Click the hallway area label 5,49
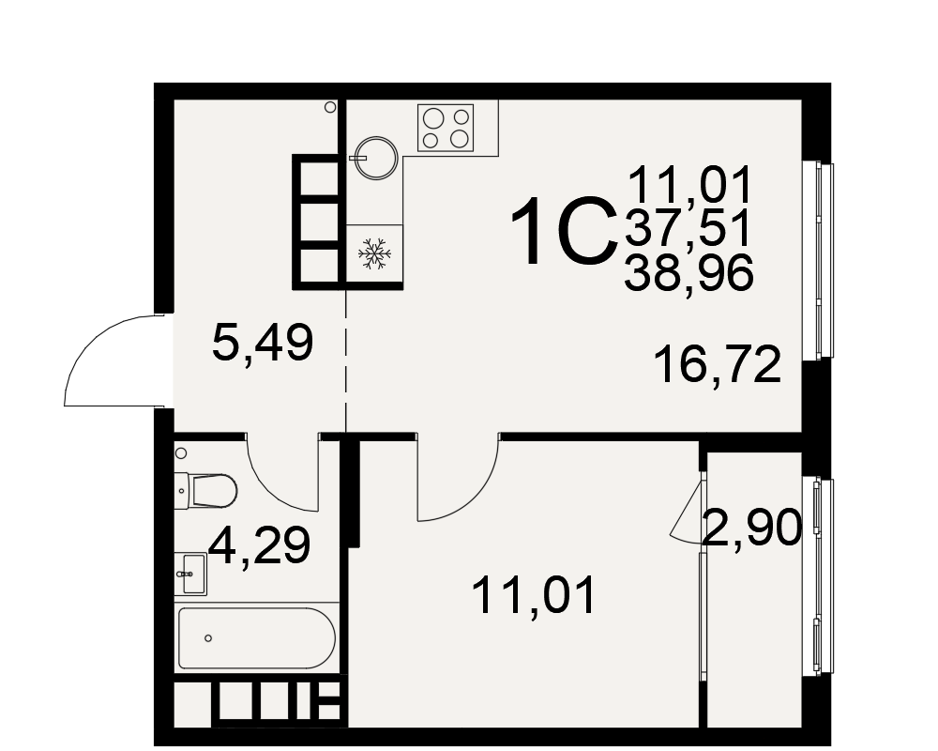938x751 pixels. [x=263, y=344]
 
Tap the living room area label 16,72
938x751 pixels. [x=718, y=364]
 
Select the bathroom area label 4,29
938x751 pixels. [x=260, y=545]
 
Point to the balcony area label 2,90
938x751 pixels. [x=752, y=527]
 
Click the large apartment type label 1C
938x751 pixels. [x=563, y=231]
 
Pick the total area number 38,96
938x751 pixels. [x=688, y=273]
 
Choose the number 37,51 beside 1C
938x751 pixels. [x=688, y=229]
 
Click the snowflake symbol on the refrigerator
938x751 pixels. [x=374, y=253]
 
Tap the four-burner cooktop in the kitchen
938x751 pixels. [x=446, y=128]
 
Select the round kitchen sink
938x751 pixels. [x=376, y=158]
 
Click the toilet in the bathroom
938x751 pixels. [x=205, y=490]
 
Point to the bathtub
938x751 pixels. [x=257, y=638]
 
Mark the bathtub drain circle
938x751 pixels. [x=208, y=638]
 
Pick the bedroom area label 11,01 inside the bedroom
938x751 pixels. [x=534, y=595]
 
